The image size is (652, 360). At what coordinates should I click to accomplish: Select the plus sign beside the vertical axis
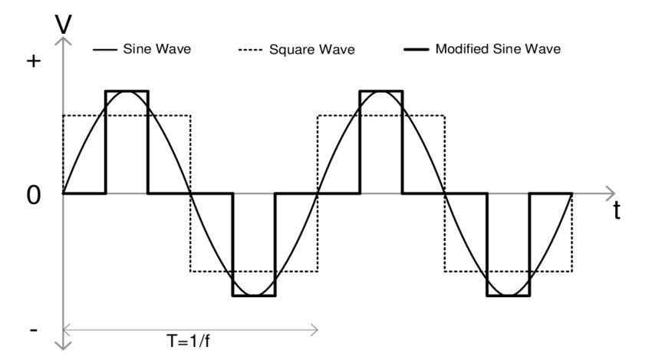(x=32, y=62)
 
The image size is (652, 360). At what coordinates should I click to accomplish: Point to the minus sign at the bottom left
(x=32, y=329)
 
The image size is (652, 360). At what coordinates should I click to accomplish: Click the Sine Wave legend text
(x=156, y=50)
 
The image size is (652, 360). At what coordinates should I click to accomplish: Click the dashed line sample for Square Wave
(x=250, y=51)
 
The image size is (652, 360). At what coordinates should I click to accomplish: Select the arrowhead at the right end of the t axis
(x=611, y=192)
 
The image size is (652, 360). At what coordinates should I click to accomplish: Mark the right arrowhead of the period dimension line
(x=314, y=331)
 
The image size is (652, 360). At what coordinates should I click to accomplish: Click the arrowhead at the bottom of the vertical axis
(x=64, y=343)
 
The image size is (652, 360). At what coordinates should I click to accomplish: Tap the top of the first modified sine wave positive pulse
(x=127, y=91)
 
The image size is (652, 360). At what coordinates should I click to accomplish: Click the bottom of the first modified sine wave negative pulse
(x=253, y=296)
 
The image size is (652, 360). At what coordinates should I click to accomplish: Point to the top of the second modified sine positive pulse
(x=380, y=91)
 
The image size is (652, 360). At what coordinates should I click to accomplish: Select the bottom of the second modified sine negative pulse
(x=508, y=296)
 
